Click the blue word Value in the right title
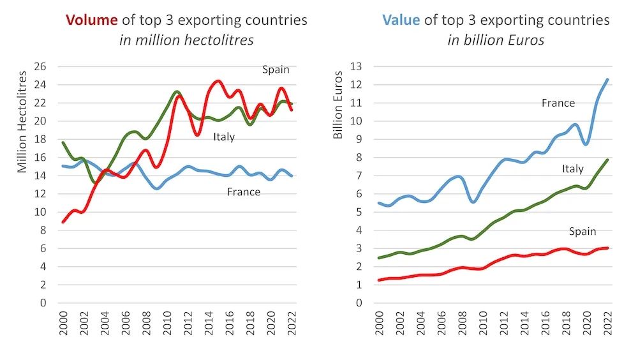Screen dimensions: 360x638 pyautogui.click(x=401, y=20)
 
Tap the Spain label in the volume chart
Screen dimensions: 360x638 pyautogui.click(x=276, y=70)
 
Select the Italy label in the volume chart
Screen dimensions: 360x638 pyautogui.click(x=224, y=137)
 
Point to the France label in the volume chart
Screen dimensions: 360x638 pyautogui.click(x=244, y=191)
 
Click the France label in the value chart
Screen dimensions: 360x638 pyautogui.click(x=558, y=103)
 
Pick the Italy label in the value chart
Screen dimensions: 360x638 pyautogui.click(x=572, y=169)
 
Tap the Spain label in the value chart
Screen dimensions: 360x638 pyautogui.click(x=582, y=232)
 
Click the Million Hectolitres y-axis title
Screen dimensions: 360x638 pyautogui.click(x=22, y=121)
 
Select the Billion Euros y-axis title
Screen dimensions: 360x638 pyautogui.click(x=338, y=105)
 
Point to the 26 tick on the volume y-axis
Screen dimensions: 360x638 pyautogui.click(x=41, y=66)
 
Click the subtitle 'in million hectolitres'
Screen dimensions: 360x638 pyautogui.click(x=186, y=40)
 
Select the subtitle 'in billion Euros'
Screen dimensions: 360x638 pyautogui.click(x=496, y=40)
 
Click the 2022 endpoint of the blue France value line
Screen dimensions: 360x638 pyautogui.click(x=607, y=80)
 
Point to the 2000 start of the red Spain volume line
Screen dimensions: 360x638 pyautogui.click(x=63, y=221)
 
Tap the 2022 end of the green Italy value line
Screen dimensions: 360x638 pyautogui.click(x=607, y=160)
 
